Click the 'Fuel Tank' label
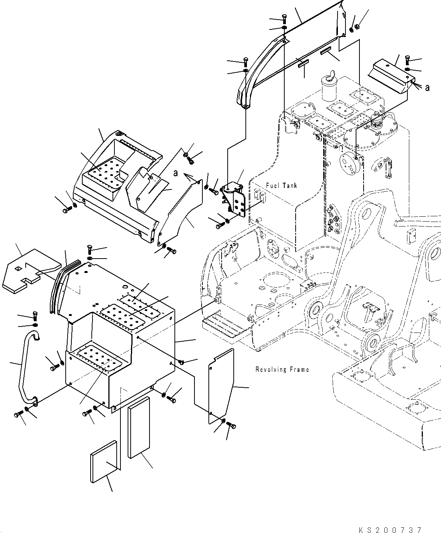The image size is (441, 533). click(281, 185)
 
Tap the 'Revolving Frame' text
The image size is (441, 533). click(282, 370)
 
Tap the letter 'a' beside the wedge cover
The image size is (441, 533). click(427, 88)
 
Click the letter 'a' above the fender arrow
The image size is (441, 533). click(175, 173)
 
